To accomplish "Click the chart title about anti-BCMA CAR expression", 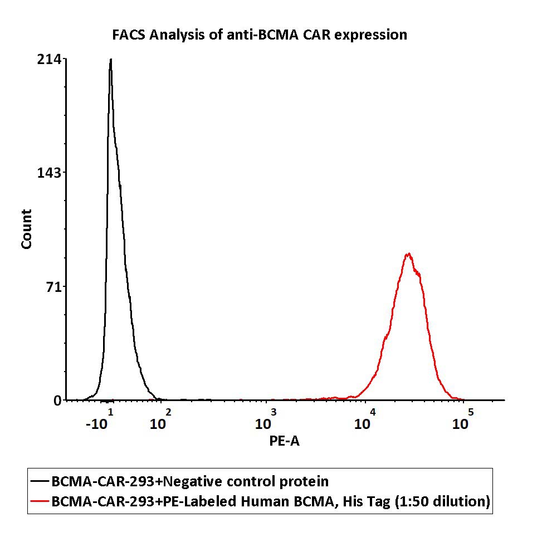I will (260, 35).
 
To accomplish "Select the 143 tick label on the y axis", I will (50, 172).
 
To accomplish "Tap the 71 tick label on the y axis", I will (53, 287).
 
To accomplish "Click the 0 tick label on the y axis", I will (57, 401).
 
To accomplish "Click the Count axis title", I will (26, 229).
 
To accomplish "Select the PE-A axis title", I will (285, 441).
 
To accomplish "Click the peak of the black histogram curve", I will (111, 60).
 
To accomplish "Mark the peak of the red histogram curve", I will (409, 254).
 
